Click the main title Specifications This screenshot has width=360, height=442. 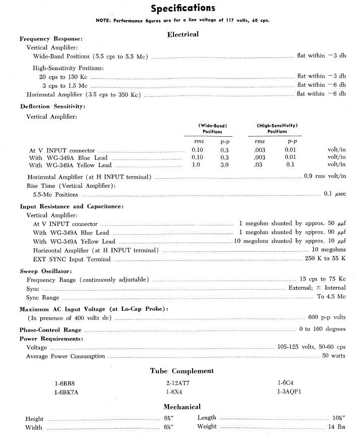(x=183, y=8)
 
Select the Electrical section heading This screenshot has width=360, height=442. (x=183, y=34)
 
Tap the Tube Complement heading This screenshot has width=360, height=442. (x=182, y=371)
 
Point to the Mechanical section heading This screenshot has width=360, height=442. (x=182, y=407)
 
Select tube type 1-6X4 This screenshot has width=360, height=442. (x=174, y=391)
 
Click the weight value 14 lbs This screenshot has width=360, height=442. (x=337, y=427)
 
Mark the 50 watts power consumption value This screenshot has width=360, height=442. (x=334, y=356)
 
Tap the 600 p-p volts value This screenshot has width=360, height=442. (x=327, y=317)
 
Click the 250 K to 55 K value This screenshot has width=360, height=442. (x=325, y=259)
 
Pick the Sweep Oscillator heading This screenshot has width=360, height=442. (x=45, y=271)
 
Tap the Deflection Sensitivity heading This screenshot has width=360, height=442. (x=52, y=106)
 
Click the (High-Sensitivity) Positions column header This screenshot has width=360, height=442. (x=277, y=128)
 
